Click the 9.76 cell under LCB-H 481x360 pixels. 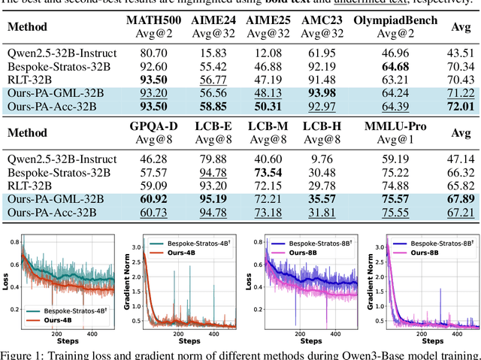click(326, 159)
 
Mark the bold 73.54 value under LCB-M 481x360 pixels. click(270, 172)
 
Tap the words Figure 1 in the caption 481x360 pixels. click(26, 355)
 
